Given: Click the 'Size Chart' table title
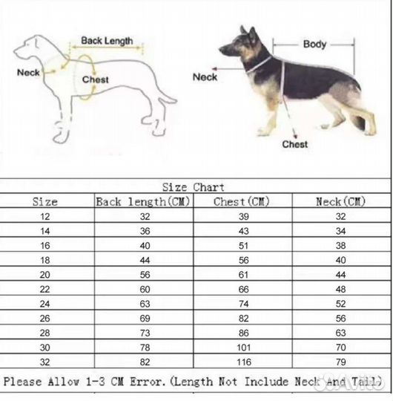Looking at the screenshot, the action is [x=194, y=187].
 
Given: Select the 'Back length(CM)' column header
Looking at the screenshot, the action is [x=143, y=202].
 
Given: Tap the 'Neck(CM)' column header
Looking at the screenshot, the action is [x=340, y=201].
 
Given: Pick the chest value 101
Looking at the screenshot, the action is [x=244, y=348].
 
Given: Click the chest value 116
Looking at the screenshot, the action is [x=244, y=362].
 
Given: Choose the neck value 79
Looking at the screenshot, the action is [x=341, y=362].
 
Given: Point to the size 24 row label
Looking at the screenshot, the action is [x=44, y=304].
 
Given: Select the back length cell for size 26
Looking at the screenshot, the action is [x=145, y=319].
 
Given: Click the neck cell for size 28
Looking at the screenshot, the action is [x=341, y=333].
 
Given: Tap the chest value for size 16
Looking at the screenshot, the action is [x=243, y=246].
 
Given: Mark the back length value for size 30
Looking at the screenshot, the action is [x=145, y=348].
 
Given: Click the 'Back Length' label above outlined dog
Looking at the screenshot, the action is [x=107, y=41].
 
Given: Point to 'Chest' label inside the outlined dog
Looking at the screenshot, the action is [x=95, y=79].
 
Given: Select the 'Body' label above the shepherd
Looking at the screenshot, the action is [x=314, y=45].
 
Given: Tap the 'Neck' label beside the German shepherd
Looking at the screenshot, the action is [x=205, y=77].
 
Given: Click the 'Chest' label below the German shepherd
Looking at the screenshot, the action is [x=294, y=145].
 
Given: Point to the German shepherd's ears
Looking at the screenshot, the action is [x=248, y=32].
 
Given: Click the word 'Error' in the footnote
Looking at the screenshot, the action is [x=146, y=382].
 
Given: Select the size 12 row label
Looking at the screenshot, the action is [x=44, y=217].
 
